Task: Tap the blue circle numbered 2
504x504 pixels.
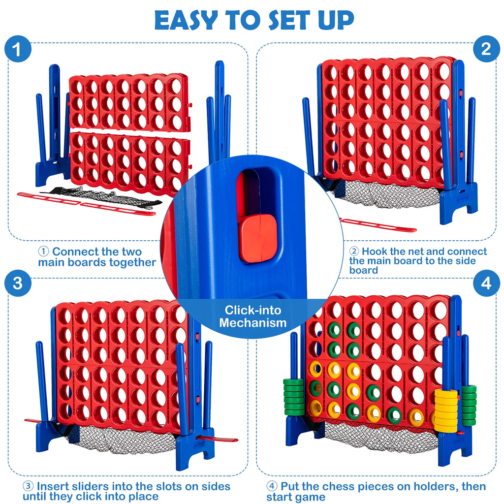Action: (x=486, y=49)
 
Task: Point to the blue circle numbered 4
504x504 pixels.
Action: (x=486, y=284)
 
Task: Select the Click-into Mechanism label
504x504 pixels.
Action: (x=252, y=316)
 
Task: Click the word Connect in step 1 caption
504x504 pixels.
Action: (x=75, y=252)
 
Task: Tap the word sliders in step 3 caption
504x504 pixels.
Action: (x=90, y=487)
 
